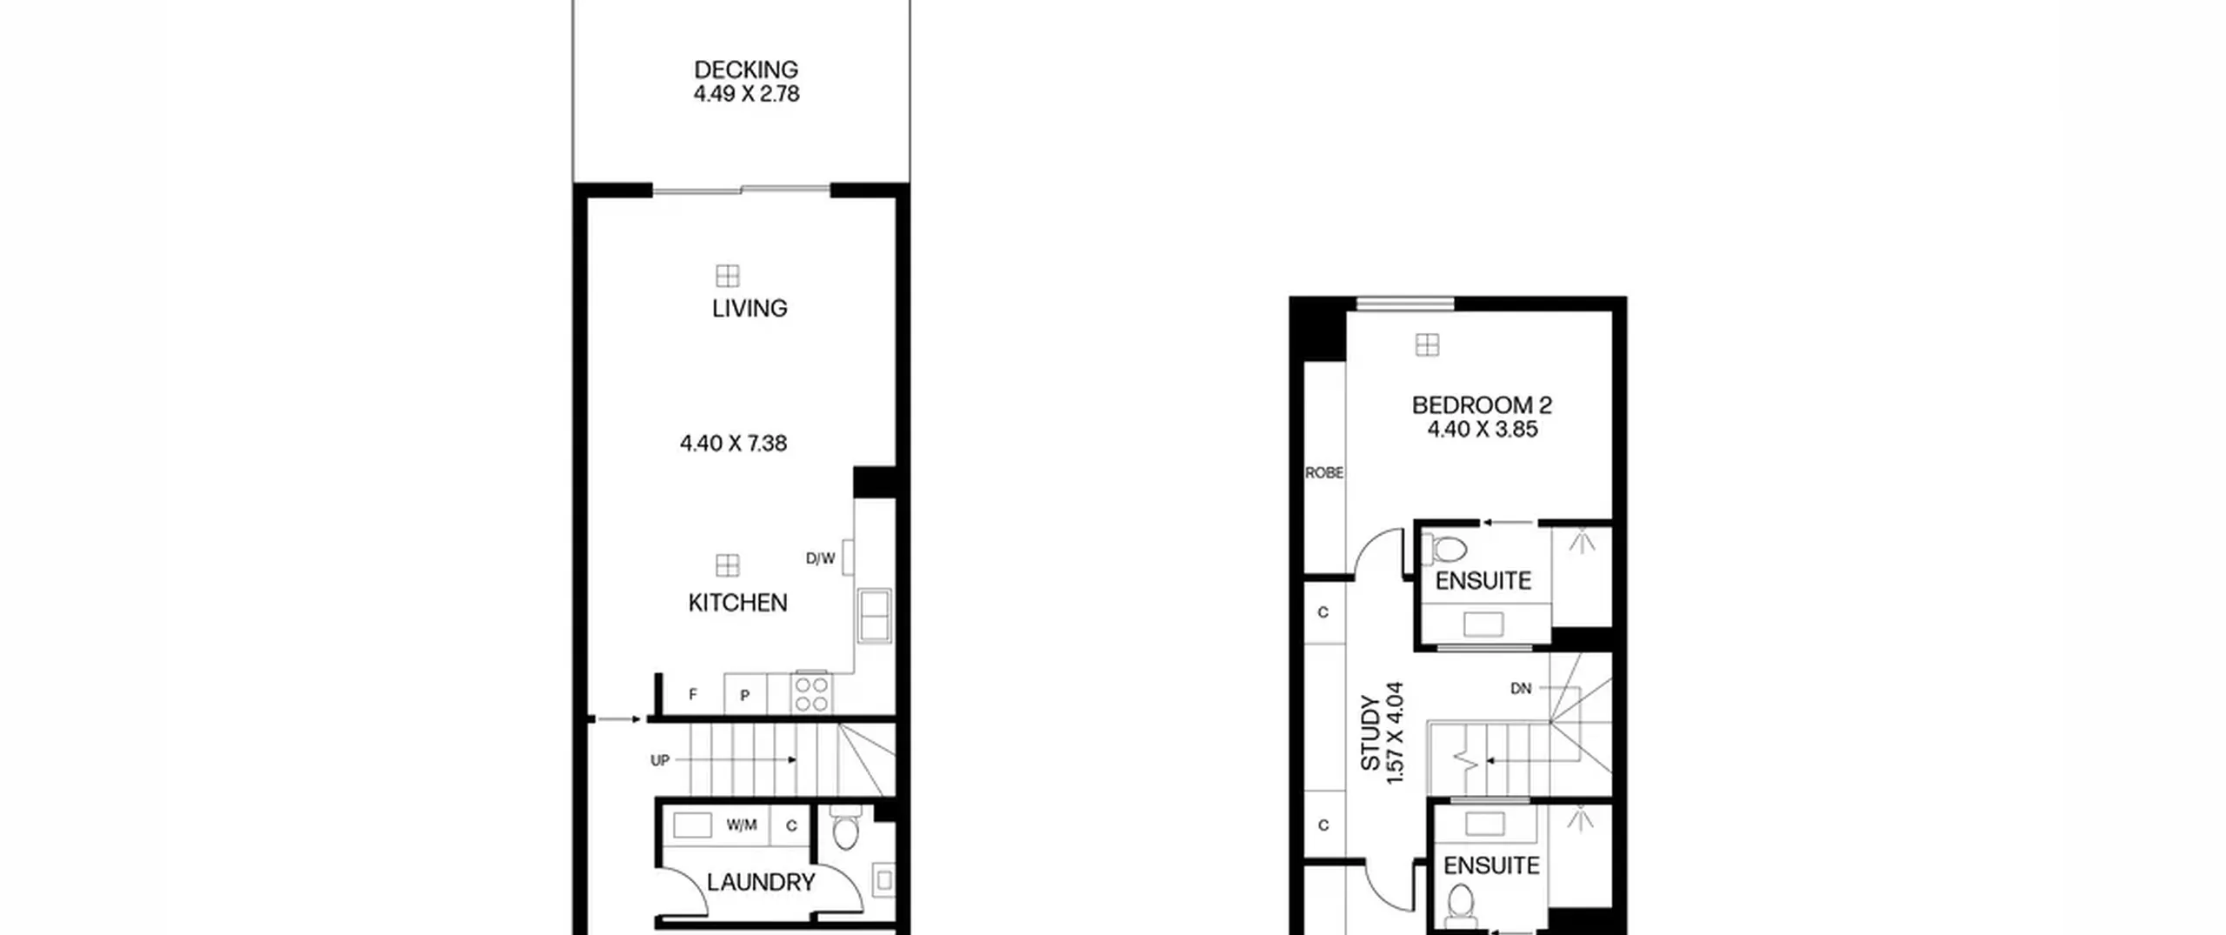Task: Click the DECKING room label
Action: point(746,70)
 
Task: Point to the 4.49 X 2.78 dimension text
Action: point(746,94)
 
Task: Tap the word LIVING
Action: point(750,309)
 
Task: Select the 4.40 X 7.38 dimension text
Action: point(733,444)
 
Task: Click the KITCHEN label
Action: point(737,603)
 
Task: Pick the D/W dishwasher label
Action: point(820,558)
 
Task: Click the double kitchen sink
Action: point(874,616)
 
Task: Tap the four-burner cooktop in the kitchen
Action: point(811,693)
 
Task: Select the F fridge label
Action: point(693,694)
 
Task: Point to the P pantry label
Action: point(745,695)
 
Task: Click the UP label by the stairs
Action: point(660,760)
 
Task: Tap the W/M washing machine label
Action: point(742,825)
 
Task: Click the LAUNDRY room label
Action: point(761,883)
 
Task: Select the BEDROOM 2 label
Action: point(1482,405)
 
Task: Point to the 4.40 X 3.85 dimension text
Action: point(1483,430)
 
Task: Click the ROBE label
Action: point(1324,473)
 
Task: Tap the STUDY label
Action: point(1370,732)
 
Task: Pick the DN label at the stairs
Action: point(1521,689)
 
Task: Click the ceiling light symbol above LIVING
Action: point(728,276)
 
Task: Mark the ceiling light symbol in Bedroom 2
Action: point(1427,345)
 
